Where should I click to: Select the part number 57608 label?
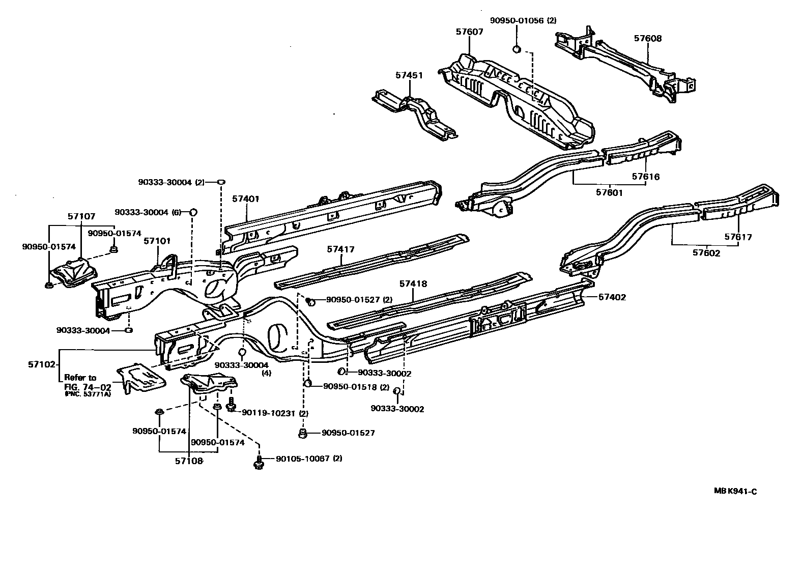pyautogui.click(x=647, y=38)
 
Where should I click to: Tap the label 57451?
pyautogui.click(x=409, y=75)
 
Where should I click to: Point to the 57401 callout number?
pyautogui.click(x=246, y=199)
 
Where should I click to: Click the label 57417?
pyautogui.click(x=340, y=249)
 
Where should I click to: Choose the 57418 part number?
pyautogui.click(x=413, y=283)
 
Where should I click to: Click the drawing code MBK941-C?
pyautogui.click(x=735, y=491)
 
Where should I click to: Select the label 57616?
pyautogui.click(x=646, y=177)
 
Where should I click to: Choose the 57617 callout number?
pyautogui.click(x=738, y=237)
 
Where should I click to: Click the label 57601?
pyautogui.click(x=609, y=193)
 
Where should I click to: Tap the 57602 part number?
pyautogui.click(x=707, y=253)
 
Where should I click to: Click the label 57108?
pyautogui.click(x=189, y=461)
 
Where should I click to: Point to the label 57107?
pyautogui.click(x=81, y=216)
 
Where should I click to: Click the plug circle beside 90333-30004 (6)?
pyautogui.click(x=193, y=212)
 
